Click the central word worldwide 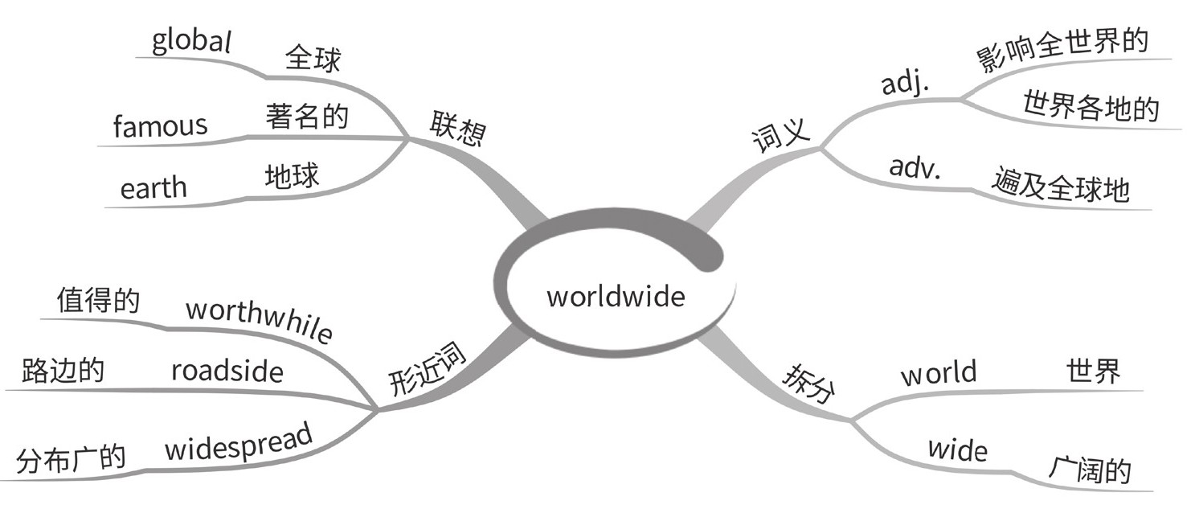[x=616, y=297]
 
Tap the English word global [x=191, y=42]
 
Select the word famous [x=160, y=125]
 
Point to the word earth [x=153, y=188]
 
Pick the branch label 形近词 [x=427, y=372]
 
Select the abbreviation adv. [x=915, y=168]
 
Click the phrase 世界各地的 [x=1090, y=106]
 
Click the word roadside [x=227, y=371]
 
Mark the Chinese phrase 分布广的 [x=71, y=459]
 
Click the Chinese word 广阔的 [x=1089, y=469]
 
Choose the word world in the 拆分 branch [x=938, y=373]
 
